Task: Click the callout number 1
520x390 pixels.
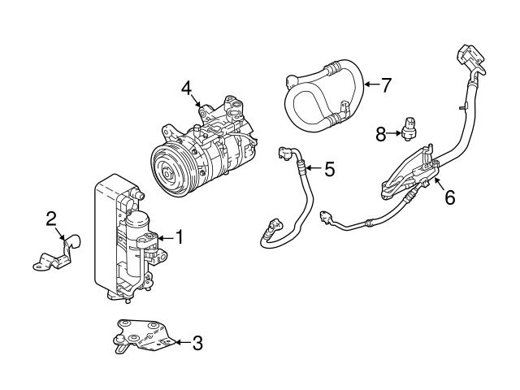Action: tap(180, 238)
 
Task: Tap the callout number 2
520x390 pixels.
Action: tap(51, 218)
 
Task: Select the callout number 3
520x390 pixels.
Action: tap(197, 343)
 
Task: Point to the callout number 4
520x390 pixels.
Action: tap(187, 88)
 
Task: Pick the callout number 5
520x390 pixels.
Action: tap(329, 169)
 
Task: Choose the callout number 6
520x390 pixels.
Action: tap(449, 197)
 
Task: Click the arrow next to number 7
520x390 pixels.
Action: tap(370, 83)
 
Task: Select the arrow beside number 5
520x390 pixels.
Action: tap(313, 168)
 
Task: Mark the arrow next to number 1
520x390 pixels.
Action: tap(165, 238)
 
